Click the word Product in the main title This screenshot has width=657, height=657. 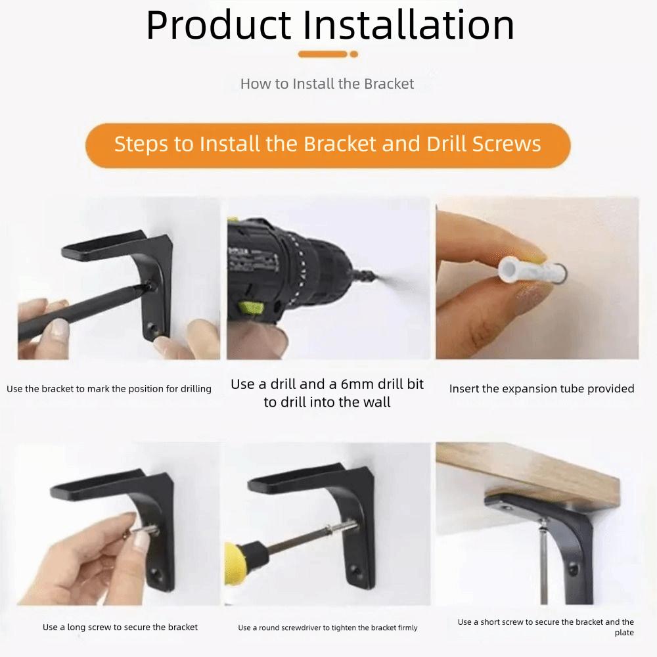[218, 26]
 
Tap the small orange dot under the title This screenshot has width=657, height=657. [354, 55]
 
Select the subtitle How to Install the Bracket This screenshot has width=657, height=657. [327, 84]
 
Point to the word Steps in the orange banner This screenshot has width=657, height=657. [142, 144]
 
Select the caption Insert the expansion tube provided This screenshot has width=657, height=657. [541, 389]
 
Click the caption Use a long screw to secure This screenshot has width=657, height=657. [120, 627]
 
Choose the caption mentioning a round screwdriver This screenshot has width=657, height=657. [327, 627]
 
